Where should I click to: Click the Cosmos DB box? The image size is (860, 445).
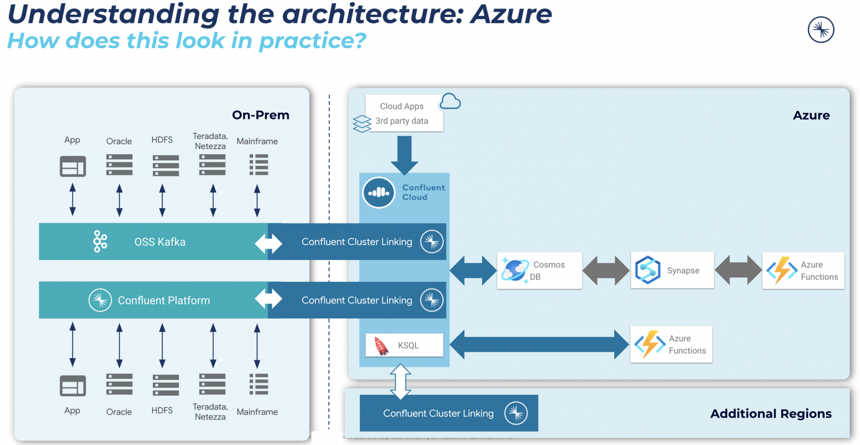539,271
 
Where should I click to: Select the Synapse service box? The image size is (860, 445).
672,271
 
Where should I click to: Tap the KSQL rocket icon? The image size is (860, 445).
381,346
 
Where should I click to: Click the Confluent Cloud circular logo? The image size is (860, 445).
378,192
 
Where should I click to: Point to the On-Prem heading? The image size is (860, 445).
260,115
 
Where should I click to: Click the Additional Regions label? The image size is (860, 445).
770,414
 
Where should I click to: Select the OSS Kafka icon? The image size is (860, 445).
100,242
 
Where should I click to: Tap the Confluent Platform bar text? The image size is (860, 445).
163,300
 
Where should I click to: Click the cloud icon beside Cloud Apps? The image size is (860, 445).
450,102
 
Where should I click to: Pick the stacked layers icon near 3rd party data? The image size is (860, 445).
362,123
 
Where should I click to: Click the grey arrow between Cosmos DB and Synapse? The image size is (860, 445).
606,271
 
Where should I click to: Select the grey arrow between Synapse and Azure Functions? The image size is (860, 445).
738,271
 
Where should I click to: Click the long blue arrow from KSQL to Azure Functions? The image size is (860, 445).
539,344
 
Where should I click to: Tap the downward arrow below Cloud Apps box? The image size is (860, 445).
404,155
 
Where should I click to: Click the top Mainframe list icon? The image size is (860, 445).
258,166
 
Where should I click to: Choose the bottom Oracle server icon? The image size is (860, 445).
119,384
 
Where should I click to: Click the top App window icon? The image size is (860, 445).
73,166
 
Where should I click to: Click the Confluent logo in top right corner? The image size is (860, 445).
821,30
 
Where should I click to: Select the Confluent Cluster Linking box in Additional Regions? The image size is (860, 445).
448,414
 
